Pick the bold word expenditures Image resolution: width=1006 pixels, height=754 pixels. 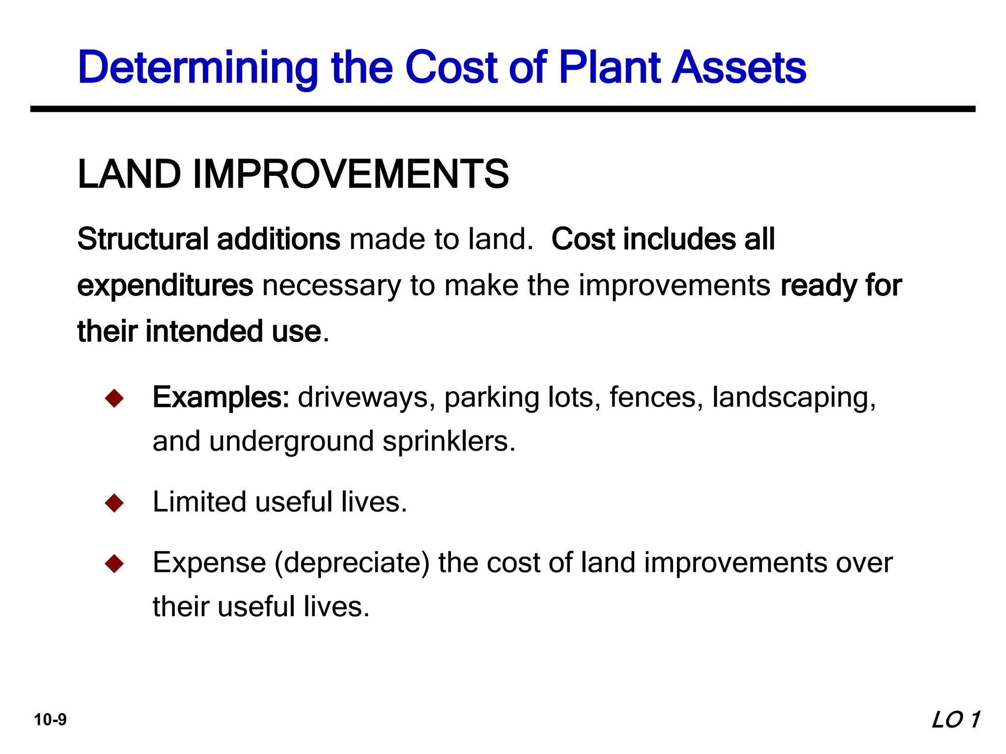tap(165, 286)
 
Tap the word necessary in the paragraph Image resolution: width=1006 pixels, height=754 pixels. tap(332, 286)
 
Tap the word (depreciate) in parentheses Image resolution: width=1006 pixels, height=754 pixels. tap(352, 563)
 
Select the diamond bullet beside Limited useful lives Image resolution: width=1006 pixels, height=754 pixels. tap(114, 503)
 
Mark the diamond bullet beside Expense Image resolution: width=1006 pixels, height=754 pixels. tap(114, 564)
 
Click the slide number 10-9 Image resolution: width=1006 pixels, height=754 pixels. tap(50, 720)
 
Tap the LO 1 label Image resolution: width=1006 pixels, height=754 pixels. tap(955, 720)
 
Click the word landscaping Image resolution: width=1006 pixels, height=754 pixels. tap(793, 398)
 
